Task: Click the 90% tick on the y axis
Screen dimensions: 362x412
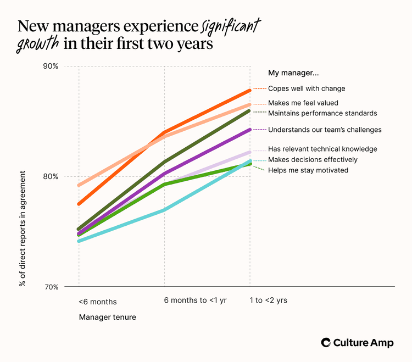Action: tap(51, 66)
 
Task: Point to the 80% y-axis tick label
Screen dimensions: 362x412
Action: tap(51, 176)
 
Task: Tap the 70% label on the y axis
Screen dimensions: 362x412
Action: tap(51, 287)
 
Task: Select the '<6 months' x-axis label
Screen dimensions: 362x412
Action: tap(97, 302)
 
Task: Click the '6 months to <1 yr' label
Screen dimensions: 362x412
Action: tap(195, 300)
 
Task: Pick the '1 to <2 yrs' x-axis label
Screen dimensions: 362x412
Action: tap(269, 300)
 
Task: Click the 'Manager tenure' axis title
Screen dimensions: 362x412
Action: tap(107, 317)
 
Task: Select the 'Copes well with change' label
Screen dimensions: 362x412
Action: tap(307, 88)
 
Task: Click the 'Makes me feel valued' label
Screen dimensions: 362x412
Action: tap(303, 103)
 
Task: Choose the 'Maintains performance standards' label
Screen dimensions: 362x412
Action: tap(322, 113)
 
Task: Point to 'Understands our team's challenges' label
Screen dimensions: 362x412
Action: tap(325, 130)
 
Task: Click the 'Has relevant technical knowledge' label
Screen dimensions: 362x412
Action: tap(322, 149)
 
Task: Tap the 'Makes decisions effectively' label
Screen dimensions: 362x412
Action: tap(313, 159)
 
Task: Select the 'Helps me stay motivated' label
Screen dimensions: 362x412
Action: tap(308, 170)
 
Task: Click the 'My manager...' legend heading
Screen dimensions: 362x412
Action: tap(293, 73)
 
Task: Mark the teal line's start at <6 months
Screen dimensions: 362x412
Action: tap(79, 241)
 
